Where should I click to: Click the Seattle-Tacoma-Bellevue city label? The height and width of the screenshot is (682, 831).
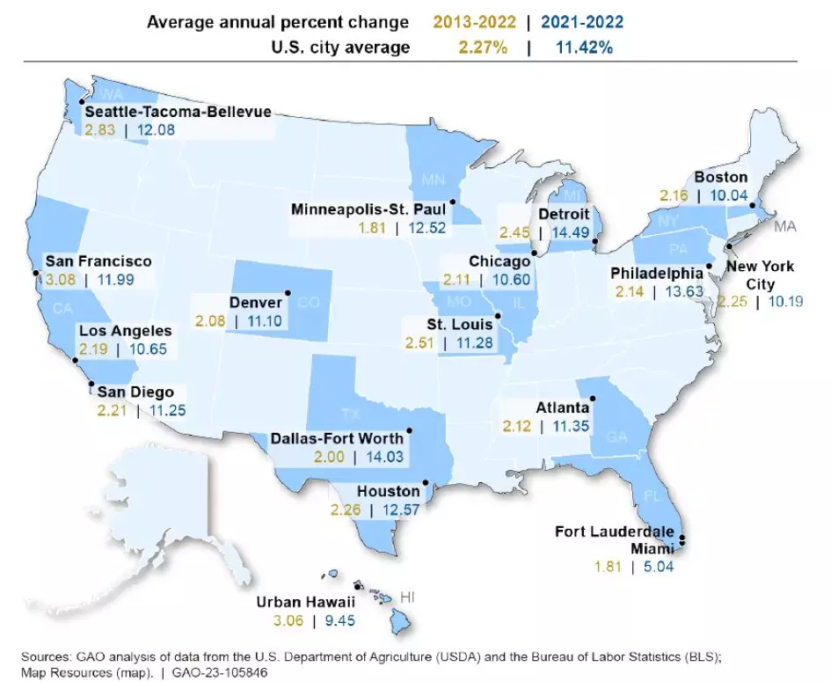tap(178, 112)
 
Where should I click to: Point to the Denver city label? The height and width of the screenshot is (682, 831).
tap(255, 303)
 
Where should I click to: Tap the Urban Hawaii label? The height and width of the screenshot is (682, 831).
tap(305, 603)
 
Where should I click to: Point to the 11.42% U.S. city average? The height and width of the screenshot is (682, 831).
tap(584, 48)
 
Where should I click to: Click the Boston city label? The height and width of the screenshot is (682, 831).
tap(720, 178)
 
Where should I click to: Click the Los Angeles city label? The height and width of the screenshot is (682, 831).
tap(125, 331)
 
